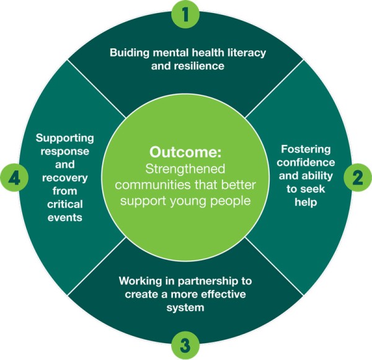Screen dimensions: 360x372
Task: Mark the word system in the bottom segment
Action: [185, 306]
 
